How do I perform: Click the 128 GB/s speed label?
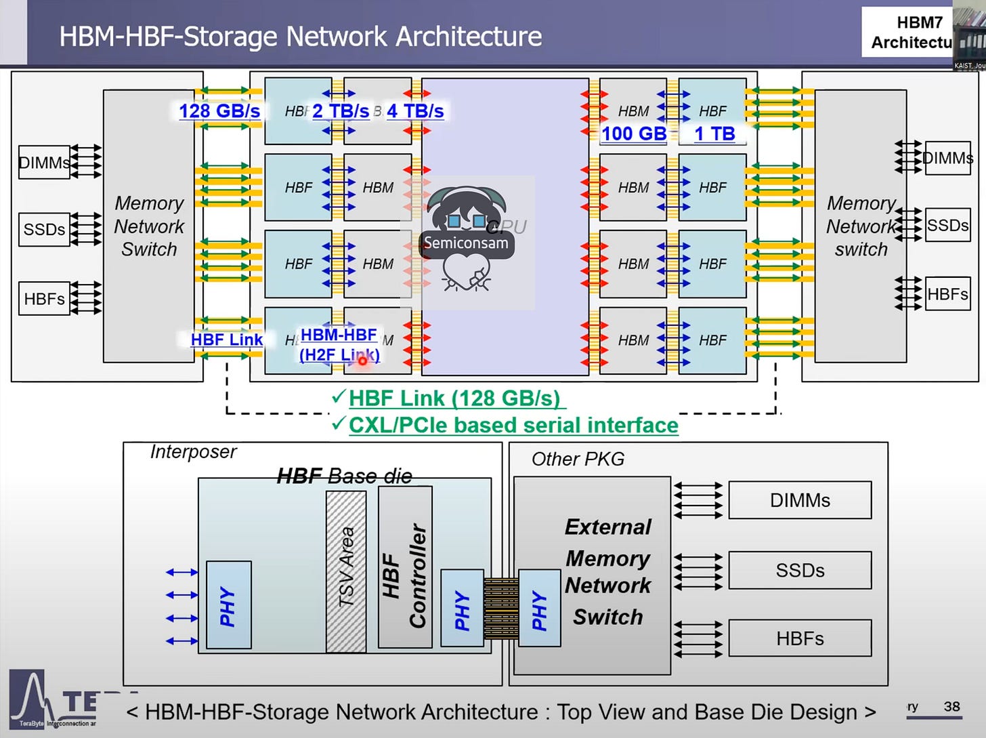point(219,111)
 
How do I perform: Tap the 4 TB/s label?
point(415,111)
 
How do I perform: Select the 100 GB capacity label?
point(634,134)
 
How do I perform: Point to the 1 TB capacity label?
point(714,134)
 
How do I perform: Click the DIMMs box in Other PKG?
point(800,500)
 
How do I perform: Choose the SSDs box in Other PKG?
point(800,570)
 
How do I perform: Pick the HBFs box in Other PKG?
point(800,638)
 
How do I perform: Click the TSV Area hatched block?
point(346,571)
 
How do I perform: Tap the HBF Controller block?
point(405,567)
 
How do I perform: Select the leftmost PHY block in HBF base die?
point(228,604)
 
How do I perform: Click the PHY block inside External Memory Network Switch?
point(539,608)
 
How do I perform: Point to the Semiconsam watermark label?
point(466,243)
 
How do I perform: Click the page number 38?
point(951,707)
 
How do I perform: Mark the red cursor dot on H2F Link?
point(362,361)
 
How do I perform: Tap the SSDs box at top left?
point(44,229)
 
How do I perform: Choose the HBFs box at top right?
point(947,294)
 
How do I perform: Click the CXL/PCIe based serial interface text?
point(513,426)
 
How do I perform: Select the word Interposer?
point(194,451)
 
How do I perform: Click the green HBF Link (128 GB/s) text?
point(454,398)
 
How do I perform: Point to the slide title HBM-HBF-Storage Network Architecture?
point(301,36)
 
